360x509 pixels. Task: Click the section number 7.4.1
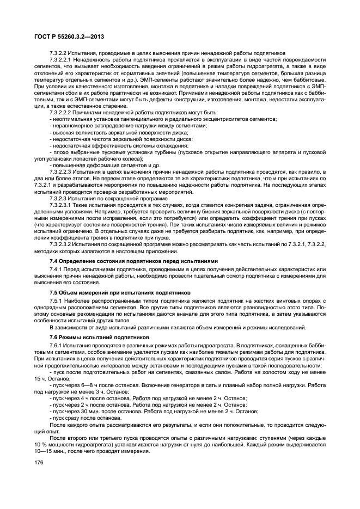pos(56,269)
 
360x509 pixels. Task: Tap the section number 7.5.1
pos(56,301)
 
